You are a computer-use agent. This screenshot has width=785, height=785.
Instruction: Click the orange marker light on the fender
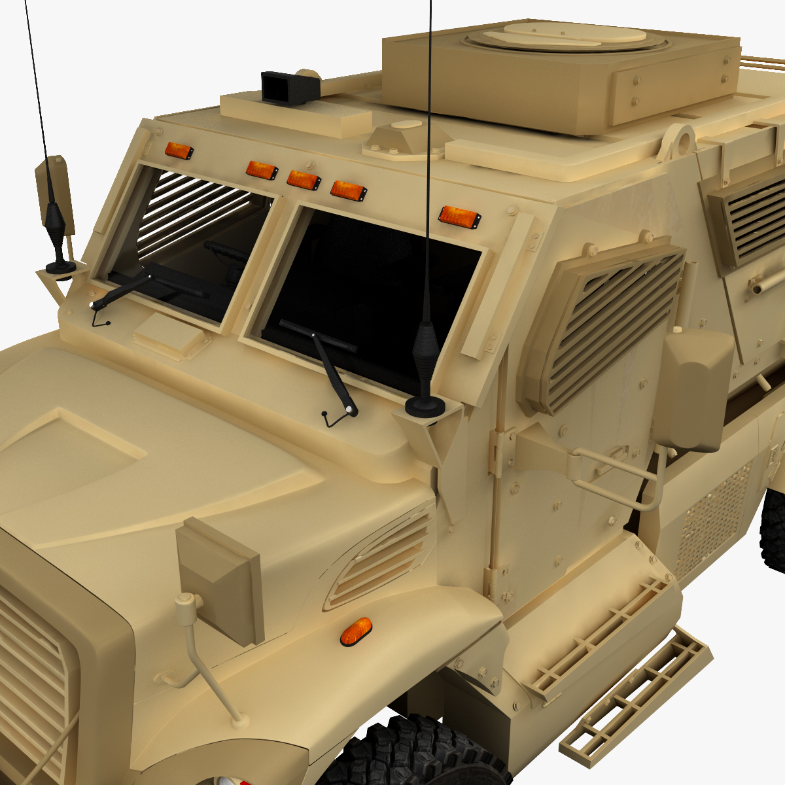356,631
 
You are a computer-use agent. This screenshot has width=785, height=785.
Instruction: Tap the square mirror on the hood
221,580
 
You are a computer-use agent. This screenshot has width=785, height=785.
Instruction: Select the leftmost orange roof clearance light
179,150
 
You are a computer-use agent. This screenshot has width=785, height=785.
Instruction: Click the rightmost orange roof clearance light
459,216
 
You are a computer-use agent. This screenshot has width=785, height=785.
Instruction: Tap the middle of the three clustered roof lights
304,180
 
